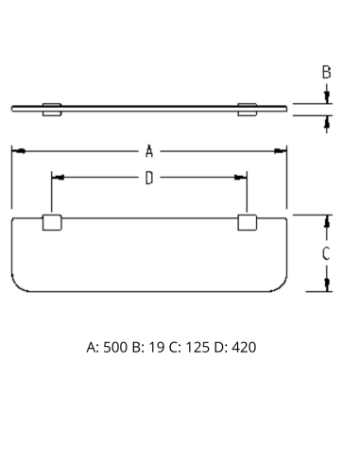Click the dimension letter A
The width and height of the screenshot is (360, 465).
149,151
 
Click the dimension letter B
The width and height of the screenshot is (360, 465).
327,72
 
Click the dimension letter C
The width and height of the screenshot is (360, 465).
326,253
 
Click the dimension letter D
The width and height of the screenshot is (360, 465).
149,178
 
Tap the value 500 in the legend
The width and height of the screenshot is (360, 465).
115,347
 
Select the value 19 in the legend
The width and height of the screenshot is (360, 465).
157,347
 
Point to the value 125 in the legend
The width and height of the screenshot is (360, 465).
197,347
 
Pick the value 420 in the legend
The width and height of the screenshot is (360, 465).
244,347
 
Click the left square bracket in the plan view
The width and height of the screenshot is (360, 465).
52,222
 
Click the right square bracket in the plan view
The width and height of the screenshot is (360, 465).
248,222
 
